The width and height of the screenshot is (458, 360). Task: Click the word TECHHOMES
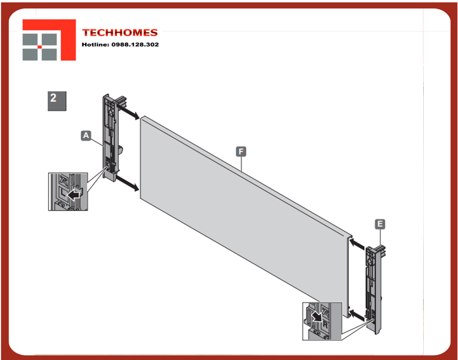(120, 33)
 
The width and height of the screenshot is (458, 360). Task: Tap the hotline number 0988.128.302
(135, 45)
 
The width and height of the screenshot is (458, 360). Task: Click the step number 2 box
(57, 101)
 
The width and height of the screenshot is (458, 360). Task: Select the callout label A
(86, 135)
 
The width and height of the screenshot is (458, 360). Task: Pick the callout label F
(241, 151)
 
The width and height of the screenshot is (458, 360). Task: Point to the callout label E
(380, 224)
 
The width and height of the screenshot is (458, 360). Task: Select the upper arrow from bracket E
(357, 244)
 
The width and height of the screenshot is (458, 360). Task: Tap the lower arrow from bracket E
(357, 315)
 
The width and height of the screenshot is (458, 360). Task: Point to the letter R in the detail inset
(325, 325)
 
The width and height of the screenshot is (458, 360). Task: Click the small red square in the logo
(40, 47)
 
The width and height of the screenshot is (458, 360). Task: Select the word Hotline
(95, 45)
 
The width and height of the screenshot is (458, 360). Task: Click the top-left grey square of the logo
(30, 39)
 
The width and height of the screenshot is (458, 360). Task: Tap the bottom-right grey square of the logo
(50, 54)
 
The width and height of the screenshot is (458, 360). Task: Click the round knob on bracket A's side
(120, 150)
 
